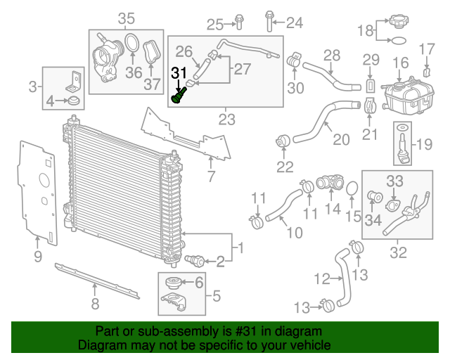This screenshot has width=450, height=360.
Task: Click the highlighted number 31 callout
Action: pos(180,72)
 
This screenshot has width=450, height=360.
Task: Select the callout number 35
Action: pos(126,18)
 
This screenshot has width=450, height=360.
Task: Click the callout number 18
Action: pos(364,31)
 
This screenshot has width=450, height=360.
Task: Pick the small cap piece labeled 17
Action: pos(428,72)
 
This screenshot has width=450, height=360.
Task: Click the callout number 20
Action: pos(340,139)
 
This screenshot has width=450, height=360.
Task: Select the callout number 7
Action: pos(211,174)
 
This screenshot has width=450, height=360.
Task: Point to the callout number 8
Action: pos(95,304)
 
